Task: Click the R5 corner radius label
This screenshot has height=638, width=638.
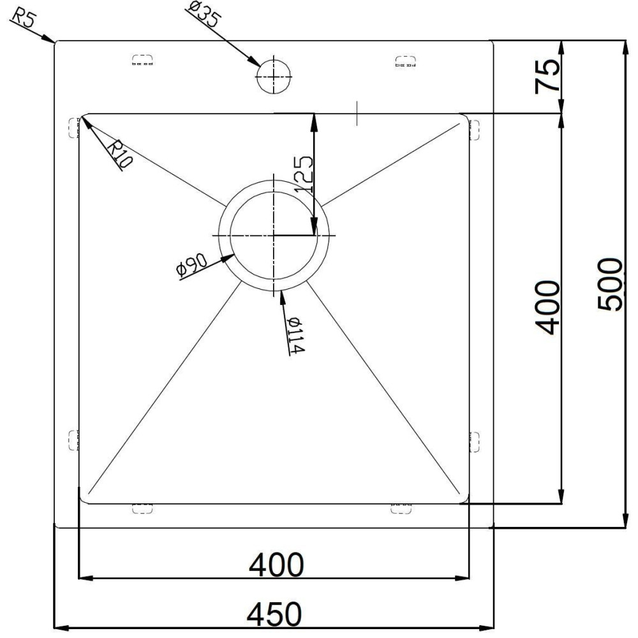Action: [23, 18]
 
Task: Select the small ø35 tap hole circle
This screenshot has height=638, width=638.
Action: [274, 76]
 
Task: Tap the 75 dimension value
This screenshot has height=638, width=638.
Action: [547, 76]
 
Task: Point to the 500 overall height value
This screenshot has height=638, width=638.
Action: [610, 285]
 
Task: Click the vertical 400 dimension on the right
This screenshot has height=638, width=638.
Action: [547, 308]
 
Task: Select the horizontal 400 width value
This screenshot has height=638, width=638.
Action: [276, 565]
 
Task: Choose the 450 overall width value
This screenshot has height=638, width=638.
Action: [275, 614]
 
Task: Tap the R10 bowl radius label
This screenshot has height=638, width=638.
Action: [119, 153]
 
